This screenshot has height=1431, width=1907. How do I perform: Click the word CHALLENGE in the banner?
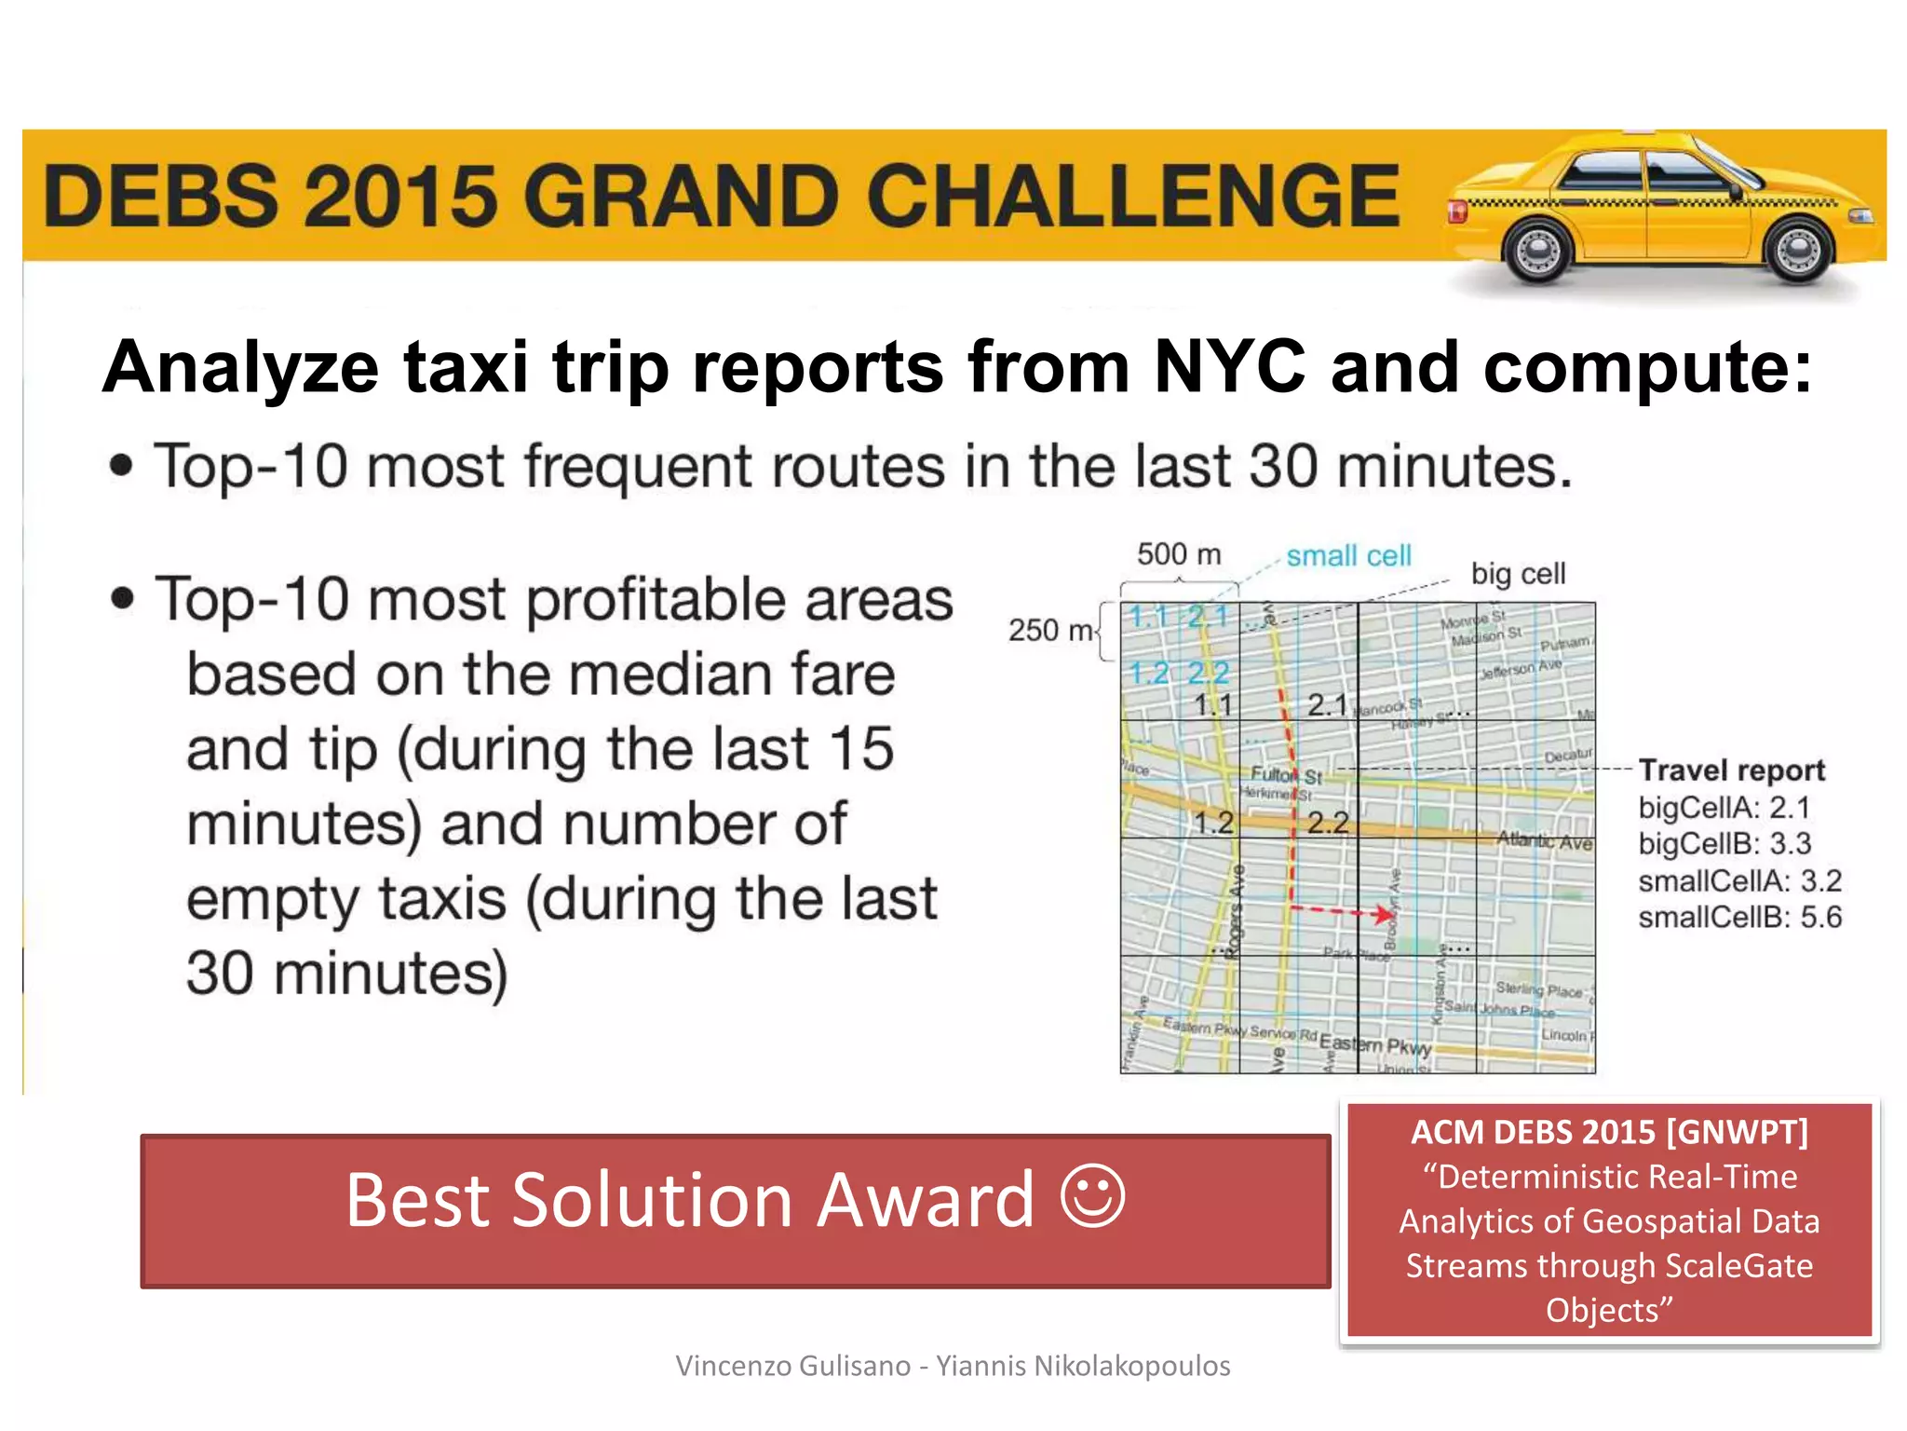[x=1133, y=196]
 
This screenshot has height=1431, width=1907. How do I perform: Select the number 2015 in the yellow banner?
[x=401, y=196]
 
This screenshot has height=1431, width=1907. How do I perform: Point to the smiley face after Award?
[x=1092, y=1197]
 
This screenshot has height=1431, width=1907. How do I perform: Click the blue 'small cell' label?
[x=1348, y=556]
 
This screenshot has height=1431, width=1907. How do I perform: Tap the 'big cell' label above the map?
[x=1518, y=573]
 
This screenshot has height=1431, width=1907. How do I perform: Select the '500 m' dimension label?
[x=1178, y=554]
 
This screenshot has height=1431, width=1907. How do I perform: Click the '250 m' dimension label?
[x=1050, y=631]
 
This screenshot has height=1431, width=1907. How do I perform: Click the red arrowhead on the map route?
[x=1383, y=914]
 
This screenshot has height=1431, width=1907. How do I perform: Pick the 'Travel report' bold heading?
[x=1731, y=770]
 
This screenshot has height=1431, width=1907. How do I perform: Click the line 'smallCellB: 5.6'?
[x=1739, y=918]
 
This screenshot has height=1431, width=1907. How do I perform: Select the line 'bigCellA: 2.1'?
[x=1724, y=808]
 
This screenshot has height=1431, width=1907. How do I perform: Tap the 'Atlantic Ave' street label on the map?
[x=1544, y=841]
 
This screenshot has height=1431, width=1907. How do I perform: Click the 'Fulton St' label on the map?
[x=1286, y=775]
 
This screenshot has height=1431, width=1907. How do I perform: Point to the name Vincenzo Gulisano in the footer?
[x=793, y=1366]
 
